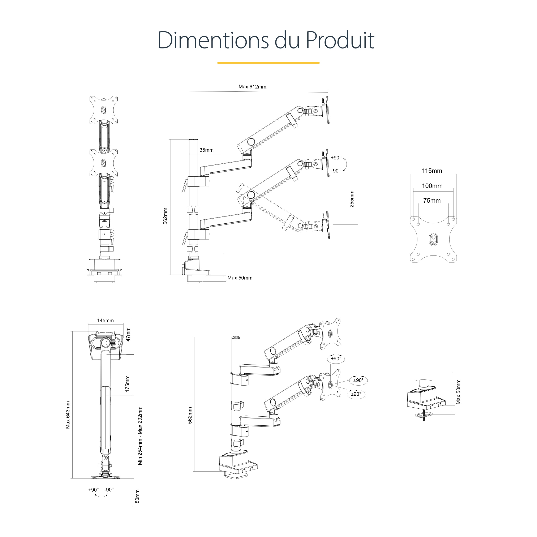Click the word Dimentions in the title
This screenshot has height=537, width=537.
pyautogui.click(x=213, y=40)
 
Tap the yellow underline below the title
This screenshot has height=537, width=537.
pyautogui.click(x=268, y=63)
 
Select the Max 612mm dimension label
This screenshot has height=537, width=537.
pyautogui.click(x=252, y=87)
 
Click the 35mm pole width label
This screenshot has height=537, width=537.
pyautogui.click(x=207, y=150)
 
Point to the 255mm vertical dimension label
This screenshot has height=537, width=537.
pyautogui.click(x=352, y=199)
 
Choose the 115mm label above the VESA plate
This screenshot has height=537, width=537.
pyautogui.click(x=432, y=171)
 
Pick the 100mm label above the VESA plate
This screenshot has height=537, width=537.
pyautogui.click(x=432, y=186)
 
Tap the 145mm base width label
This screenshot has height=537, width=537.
pyautogui.click(x=105, y=321)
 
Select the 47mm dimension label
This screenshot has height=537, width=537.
pyautogui.click(x=128, y=334)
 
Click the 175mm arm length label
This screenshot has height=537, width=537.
pyautogui.click(x=128, y=384)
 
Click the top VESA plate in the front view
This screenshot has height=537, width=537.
pyautogui.click(x=103, y=110)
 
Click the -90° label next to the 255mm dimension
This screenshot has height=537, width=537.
pyautogui.click(x=336, y=171)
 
